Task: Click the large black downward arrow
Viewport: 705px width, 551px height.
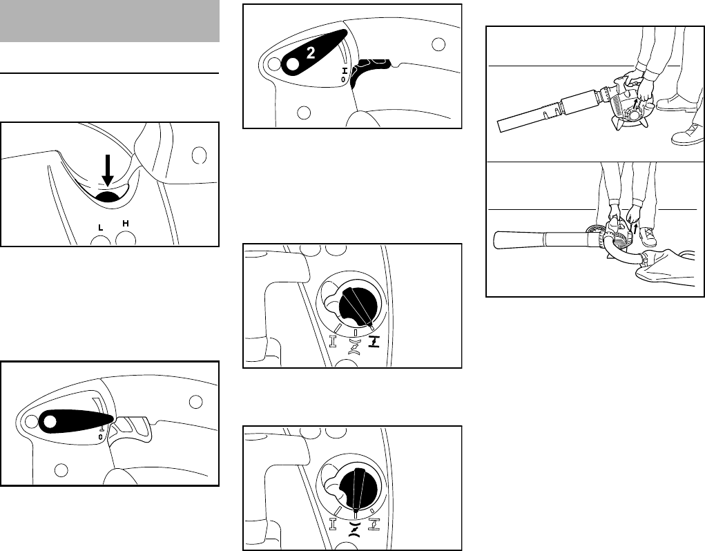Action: coord(107,170)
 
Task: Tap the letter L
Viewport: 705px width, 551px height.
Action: coord(101,227)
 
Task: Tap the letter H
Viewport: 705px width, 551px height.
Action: coord(126,223)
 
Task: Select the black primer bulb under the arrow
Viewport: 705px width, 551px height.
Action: coord(108,196)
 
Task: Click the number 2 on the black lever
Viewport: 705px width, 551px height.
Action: coord(310,53)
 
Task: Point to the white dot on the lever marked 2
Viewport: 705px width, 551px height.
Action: coord(292,65)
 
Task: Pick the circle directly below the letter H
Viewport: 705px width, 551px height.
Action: coord(126,238)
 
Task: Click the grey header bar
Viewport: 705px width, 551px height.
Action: coord(110,21)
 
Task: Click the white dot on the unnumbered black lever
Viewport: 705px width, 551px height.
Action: coord(50,422)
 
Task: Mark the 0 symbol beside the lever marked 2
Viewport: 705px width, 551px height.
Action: coord(343,79)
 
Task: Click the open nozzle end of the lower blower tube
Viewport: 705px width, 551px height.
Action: coord(497,240)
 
